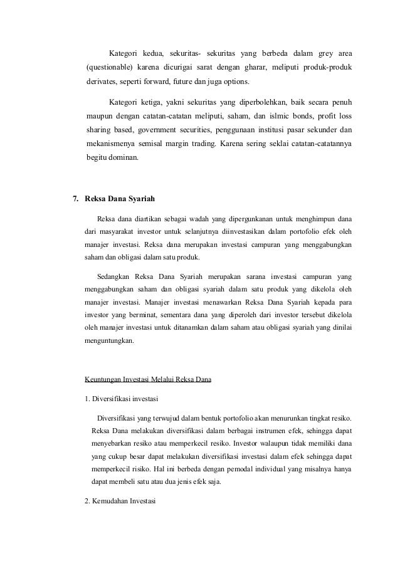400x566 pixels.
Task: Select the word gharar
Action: (x=248, y=67)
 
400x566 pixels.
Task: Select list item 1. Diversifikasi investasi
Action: (x=121, y=399)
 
